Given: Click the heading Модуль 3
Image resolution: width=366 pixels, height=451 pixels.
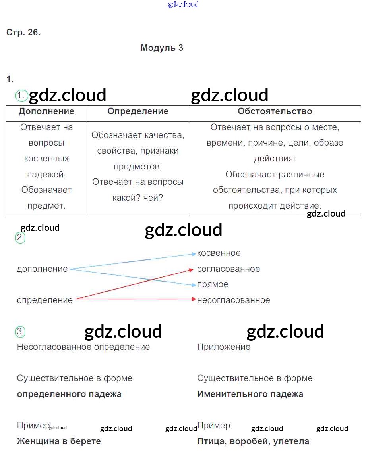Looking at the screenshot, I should pos(162,48).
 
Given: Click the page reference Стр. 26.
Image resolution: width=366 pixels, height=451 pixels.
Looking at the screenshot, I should pos(23,33).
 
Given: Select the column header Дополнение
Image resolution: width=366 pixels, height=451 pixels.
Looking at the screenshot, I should pos(46,111).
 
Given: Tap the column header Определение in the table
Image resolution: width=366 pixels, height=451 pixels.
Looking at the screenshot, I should pos(138,111).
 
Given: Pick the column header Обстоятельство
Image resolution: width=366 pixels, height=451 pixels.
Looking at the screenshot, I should pos(275,111).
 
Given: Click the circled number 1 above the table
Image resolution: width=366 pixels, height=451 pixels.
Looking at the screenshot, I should pos(20,95).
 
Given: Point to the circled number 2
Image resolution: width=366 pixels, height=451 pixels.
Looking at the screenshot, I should pos(20,238).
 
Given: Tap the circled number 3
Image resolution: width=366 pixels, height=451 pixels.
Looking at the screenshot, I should pos(20,332).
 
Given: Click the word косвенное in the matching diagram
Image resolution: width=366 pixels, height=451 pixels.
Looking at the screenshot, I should pos(219,253).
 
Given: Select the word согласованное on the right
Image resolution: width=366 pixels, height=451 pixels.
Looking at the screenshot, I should pos(229,269).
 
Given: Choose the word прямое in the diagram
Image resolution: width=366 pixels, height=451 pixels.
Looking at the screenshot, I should pos(213,284).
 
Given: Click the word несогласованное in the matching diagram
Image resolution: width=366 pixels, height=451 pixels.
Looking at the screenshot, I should pos(234,300).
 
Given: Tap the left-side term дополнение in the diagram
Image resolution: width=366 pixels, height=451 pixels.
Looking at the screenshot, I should pos(42,269).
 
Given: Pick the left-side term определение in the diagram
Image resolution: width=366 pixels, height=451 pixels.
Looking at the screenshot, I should pos(45,300).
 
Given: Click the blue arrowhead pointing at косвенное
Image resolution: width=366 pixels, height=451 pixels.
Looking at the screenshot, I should pos(194,253).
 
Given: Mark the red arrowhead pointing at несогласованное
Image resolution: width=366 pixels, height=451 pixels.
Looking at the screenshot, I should pos(194,299).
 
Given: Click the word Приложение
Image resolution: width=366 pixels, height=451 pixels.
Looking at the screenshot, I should pos(224,347).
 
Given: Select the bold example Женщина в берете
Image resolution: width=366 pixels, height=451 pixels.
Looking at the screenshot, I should pos(59,441).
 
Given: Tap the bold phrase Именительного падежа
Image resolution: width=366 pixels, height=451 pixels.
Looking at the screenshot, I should pos(250,394).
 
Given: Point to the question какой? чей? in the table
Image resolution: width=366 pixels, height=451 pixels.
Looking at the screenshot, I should pos(138,198).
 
